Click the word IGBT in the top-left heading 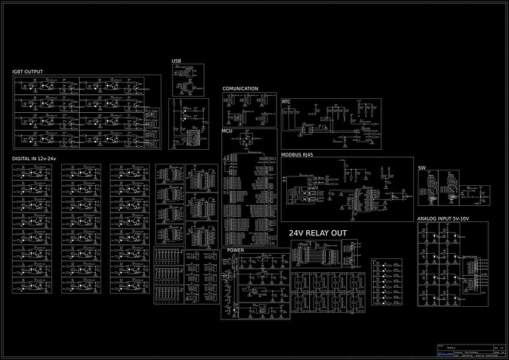(x=18, y=72)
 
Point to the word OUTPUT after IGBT (x=34, y=72)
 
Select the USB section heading (x=176, y=60)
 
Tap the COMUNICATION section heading (x=240, y=89)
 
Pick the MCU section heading (x=227, y=131)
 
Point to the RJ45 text (x=309, y=155)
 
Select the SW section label (x=422, y=168)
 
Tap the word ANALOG (x=428, y=219)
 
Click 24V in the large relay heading (x=297, y=232)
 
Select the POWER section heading (x=235, y=250)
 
